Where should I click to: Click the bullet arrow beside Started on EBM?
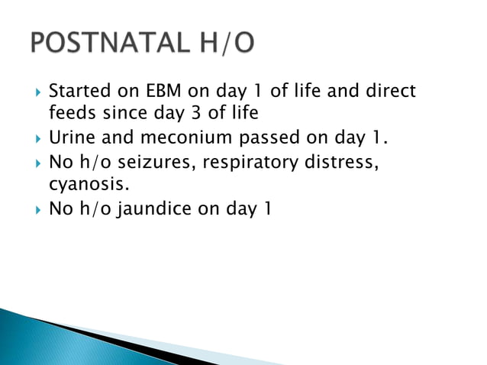[31, 93]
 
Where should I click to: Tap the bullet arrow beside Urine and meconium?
[31, 140]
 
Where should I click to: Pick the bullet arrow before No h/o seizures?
[31, 163]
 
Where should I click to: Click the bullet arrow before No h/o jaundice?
[31, 209]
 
